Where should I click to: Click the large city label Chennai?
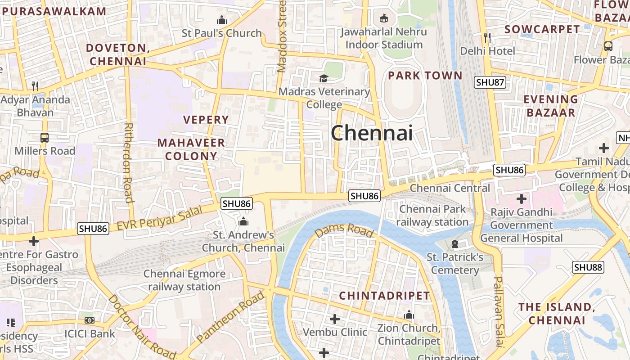pyautogui.click(x=372, y=133)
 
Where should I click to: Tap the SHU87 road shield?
pyautogui.click(x=490, y=82)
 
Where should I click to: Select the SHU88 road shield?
pyautogui.click(x=588, y=267)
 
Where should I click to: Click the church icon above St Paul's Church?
pyautogui.click(x=221, y=20)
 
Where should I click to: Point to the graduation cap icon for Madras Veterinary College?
pyautogui.click(x=324, y=78)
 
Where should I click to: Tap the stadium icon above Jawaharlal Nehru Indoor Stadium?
pyautogui.click(x=384, y=18)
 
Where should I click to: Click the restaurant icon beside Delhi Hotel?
pyautogui.click(x=487, y=37)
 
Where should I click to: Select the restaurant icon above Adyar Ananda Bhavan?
pyautogui.click(x=35, y=86)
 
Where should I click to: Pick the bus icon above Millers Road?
pyautogui.click(x=45, y=138)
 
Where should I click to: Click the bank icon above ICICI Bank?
pyautogui.click(x=90, y=320)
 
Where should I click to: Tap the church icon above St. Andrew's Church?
pyautogui.click(x=243, y=221)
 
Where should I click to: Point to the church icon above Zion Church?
pyautogui.click(x=409, y=315)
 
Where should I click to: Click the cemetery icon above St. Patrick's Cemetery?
pyautogui.click(x=454, y=244)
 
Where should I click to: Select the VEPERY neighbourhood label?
pyautogui.click(x=206, y=120)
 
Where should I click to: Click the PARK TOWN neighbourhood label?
pyautogui.click(x=425, y=75)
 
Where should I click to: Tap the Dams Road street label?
pyautogui.click(x=344, y=230)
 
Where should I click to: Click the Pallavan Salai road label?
pyautogui.click(x=498, y=311)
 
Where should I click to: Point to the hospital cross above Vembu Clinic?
pyautogui.click(x=335, y=319)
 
